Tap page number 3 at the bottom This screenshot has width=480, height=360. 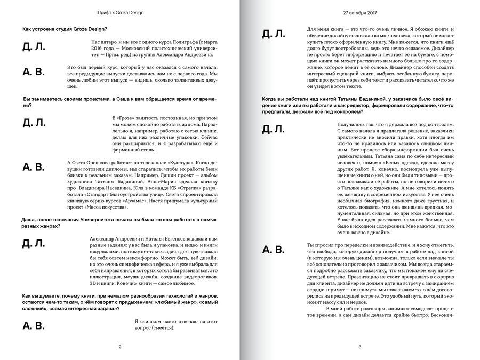pos(360,347)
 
